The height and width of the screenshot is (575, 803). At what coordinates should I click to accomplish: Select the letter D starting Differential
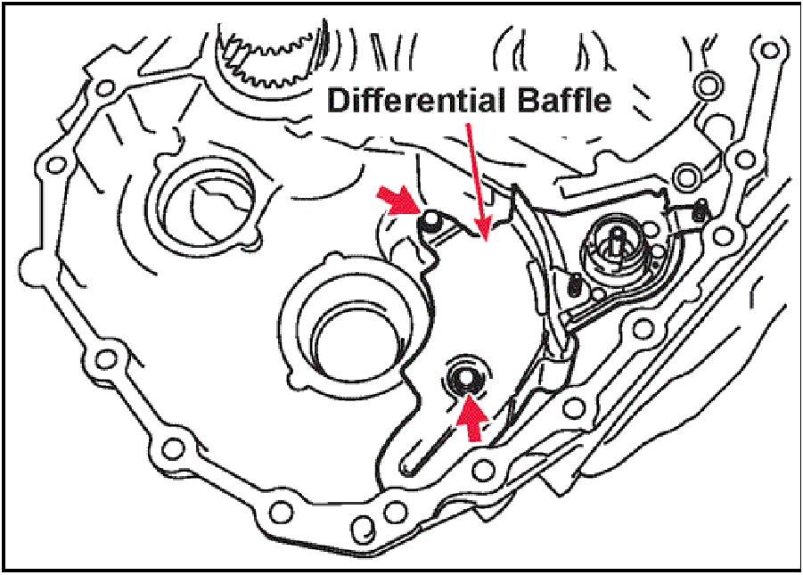point(338,100)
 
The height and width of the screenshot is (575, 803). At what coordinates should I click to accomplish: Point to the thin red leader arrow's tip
point(483,239)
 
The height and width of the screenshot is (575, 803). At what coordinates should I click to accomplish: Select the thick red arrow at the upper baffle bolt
point(399,201)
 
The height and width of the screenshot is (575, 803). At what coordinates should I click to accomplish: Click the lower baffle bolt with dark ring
point(465,379)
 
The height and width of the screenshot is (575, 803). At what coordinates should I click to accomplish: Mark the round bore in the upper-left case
point(205,203)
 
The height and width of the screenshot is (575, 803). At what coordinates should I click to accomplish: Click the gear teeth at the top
point(266,55)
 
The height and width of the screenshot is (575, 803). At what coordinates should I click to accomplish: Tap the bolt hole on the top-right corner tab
point(768,50)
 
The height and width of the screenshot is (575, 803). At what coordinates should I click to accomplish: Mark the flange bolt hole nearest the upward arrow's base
point(484,468)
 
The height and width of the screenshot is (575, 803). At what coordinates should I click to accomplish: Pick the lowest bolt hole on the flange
point(363,525)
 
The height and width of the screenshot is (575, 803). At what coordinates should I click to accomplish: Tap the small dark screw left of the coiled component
point(576,286)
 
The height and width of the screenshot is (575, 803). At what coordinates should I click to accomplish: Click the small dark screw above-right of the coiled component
point(700,211)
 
